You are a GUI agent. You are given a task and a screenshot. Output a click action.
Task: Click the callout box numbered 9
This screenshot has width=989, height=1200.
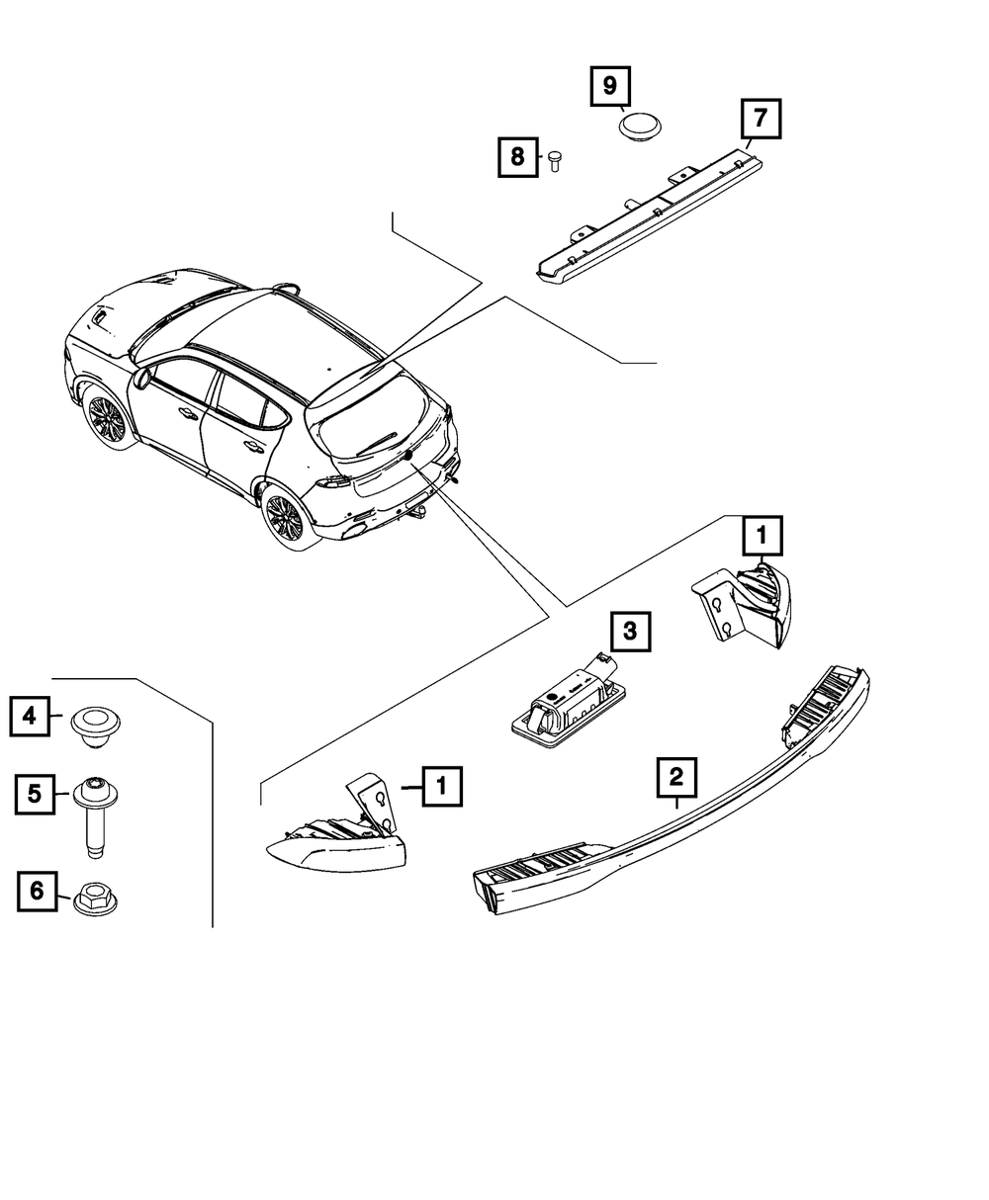609,86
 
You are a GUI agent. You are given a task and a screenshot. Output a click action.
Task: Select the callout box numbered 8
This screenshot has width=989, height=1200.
516,156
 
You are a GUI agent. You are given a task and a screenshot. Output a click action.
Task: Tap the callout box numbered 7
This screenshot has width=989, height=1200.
760,120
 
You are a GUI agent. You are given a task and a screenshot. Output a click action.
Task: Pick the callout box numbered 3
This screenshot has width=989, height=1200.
631,630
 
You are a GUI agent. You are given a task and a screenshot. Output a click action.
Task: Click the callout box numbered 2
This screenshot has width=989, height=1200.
676,777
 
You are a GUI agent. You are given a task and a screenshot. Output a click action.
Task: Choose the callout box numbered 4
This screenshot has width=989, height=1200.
31,717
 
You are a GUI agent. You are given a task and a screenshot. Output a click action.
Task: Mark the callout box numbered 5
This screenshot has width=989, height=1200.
35,794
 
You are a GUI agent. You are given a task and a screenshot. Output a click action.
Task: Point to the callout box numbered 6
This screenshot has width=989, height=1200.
37,892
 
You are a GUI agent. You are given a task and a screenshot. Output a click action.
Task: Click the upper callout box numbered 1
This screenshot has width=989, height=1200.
762,537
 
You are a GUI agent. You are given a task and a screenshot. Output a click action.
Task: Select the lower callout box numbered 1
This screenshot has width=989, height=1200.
442,787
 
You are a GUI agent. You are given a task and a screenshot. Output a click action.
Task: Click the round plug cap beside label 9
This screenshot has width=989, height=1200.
641,127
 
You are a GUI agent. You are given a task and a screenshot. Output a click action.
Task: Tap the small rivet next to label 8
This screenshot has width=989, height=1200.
554,159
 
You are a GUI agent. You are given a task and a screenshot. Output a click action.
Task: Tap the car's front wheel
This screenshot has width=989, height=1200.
107,418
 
